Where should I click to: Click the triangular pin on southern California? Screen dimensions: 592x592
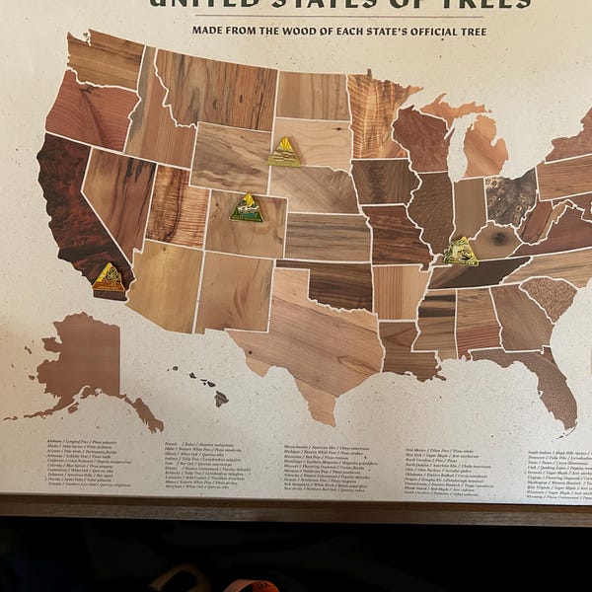click(x=109, y=278)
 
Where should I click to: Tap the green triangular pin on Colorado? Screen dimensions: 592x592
click(x=247, y=208)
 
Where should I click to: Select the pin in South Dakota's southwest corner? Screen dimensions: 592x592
click(x=284, y=152)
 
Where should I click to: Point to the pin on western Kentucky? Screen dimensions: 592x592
click(x=460, y=253)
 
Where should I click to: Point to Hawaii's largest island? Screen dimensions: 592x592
click(x=221, y=399)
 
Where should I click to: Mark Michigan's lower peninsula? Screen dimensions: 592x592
click(x=484, y=148)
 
